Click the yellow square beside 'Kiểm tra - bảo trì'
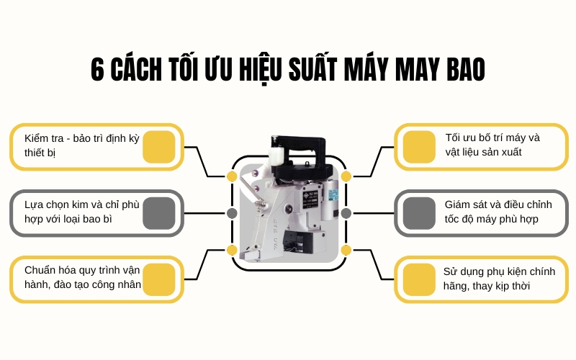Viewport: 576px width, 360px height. [159, 147]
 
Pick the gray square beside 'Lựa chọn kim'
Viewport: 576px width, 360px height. [159, 213]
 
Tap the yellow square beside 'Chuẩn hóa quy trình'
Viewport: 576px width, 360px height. [159, 279]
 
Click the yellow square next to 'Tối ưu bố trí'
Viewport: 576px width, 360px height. [418, 147]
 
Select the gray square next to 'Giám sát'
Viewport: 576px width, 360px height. [418, 213]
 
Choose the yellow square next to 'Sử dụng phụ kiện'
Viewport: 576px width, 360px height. [418, 279]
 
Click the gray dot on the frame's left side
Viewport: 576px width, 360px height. [232, 213]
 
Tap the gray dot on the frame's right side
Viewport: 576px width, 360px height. [346, 213]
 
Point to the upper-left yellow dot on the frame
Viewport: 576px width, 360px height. [232, 176]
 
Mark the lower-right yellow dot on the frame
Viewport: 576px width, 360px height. [346, 250]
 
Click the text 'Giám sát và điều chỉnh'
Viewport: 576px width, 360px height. [492, 204]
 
